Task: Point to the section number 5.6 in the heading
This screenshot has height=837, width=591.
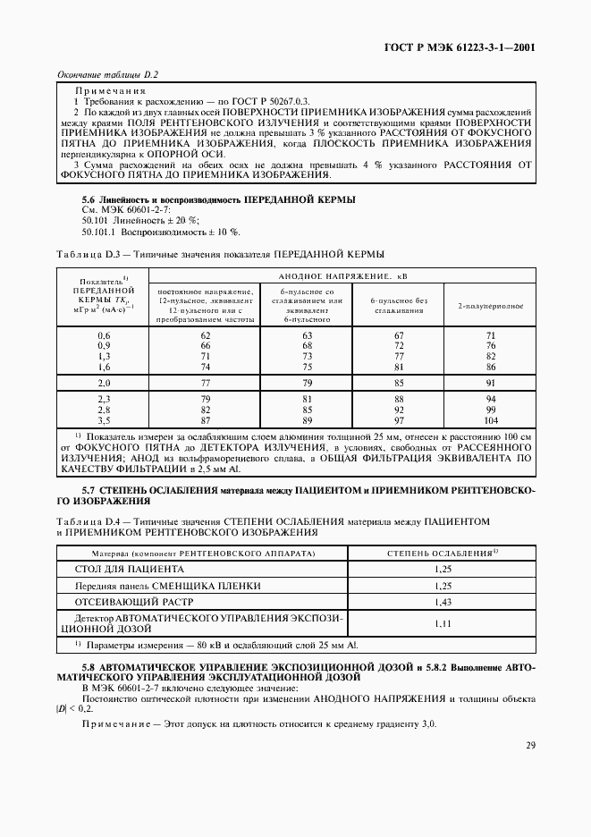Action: [89, 198]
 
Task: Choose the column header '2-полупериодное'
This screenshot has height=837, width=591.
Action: [491, 306]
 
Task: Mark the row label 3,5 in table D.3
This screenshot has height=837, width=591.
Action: [103, 419]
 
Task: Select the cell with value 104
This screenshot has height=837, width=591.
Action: [490, 419]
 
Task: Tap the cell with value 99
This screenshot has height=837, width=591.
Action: [490, 409]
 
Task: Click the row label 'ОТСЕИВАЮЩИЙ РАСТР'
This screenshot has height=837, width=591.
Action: [120, 603]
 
